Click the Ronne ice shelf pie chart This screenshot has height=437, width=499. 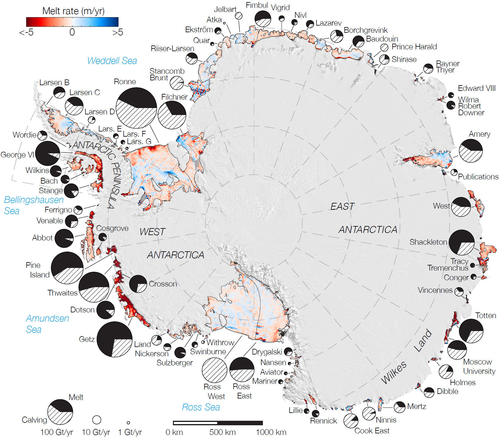[136, 108]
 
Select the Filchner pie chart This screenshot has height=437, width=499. [172, 115]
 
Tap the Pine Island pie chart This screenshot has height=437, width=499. [67, 268]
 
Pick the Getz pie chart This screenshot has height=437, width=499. [115, 339]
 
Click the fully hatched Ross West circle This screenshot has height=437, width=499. [214, 370]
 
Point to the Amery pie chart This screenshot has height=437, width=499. [471, 150]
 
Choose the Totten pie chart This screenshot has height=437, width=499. [471, 331]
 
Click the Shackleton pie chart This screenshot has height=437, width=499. [461, 242]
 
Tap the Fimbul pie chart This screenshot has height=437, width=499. [263, 19]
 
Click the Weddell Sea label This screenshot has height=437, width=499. [112, 61]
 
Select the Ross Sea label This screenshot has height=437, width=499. [201, 407]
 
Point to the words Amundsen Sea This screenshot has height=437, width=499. [47, 324]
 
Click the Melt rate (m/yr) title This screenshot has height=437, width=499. [73, 11]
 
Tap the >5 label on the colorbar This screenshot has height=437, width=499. [117, 32]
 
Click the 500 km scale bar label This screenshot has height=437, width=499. [222, 432]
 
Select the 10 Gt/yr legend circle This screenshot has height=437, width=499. [97, 420]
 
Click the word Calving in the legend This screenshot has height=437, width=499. [34, 420]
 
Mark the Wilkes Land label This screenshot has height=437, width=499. [406, 358]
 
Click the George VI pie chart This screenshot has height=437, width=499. [48, 153]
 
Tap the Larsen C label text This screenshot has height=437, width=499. [85, 92]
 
